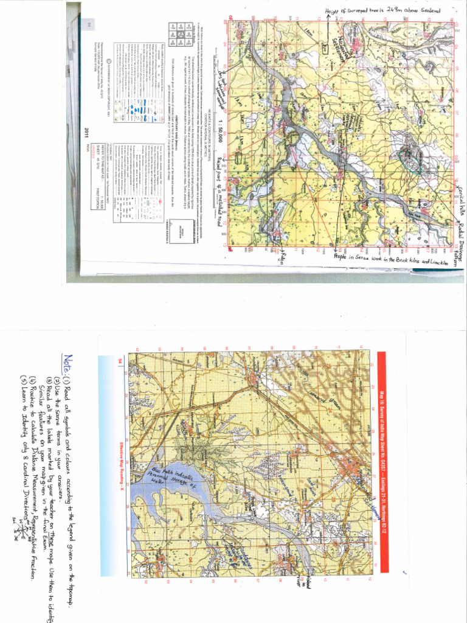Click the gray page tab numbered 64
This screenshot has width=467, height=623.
89,24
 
